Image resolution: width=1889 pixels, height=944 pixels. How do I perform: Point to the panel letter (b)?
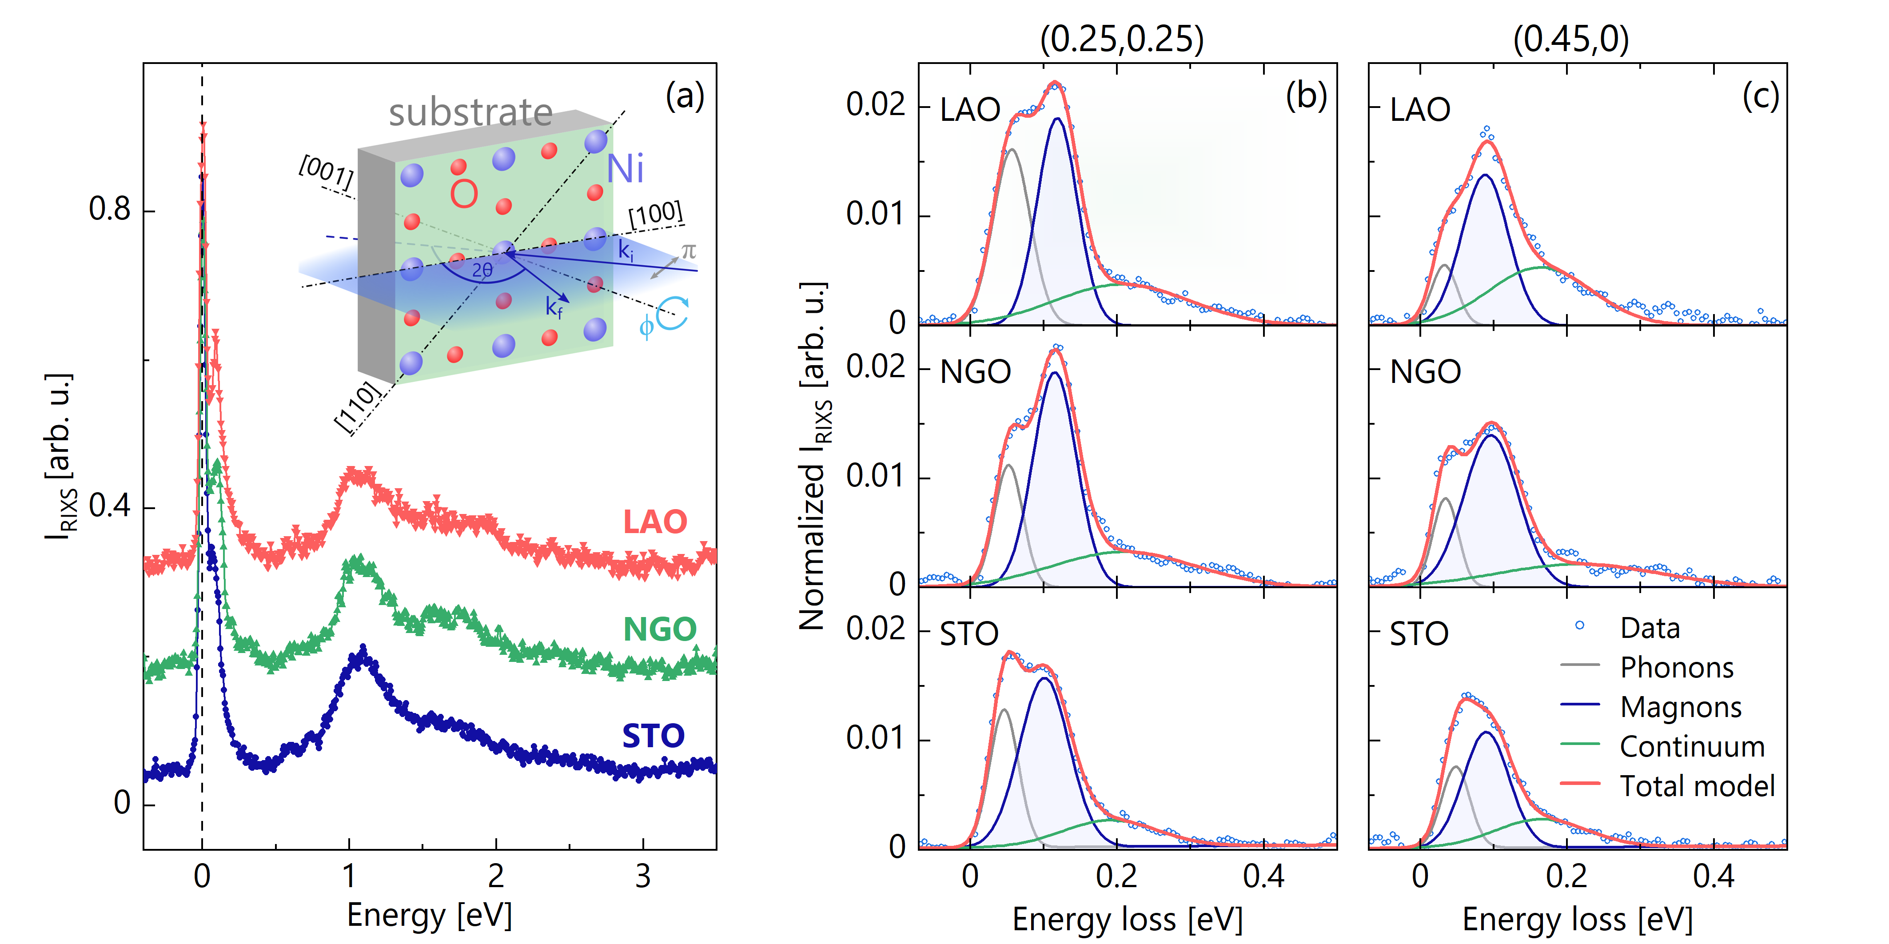tap(1306, 96)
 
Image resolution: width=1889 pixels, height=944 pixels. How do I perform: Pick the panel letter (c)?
tap(1760, 96)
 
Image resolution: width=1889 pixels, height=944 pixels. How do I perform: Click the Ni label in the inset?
tap(625, 169)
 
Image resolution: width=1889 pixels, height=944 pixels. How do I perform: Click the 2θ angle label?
tap(482, 270)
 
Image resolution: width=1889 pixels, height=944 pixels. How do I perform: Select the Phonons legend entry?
tap(1676, 668)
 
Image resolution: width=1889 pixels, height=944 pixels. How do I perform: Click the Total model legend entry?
tap(1697, 786)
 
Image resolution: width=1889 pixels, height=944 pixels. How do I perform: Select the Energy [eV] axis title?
tap(429, 916)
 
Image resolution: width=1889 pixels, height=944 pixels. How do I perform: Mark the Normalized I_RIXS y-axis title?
tap(814, 455)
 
